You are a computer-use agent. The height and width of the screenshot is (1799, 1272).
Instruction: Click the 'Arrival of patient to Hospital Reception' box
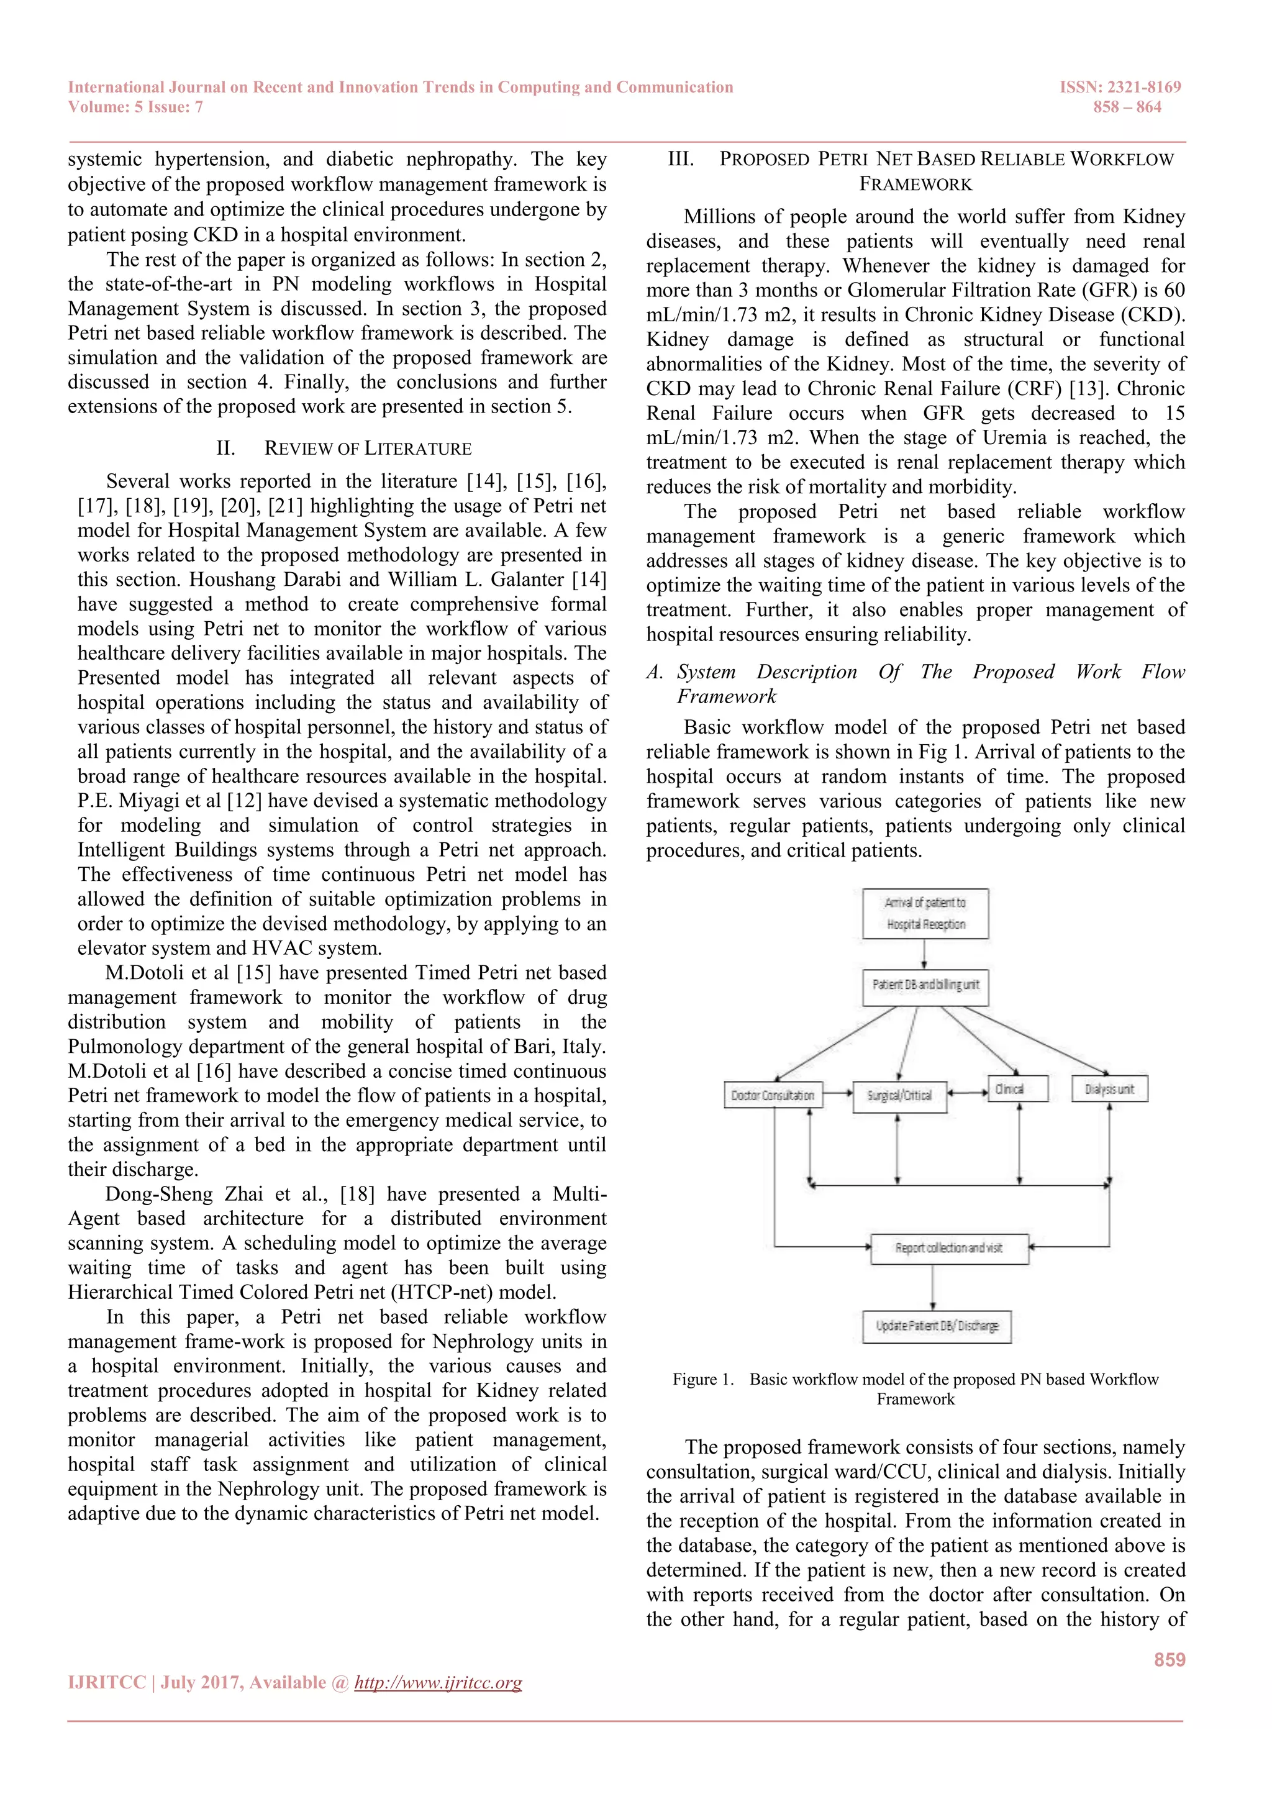tap(925, 914)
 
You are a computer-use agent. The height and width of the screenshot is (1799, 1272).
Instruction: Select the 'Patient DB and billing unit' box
tap(925, 985)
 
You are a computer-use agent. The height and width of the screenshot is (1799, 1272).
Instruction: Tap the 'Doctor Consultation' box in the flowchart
tap(773, 1095)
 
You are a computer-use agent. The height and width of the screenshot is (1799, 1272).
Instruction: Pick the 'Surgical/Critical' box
tap(899, 1095)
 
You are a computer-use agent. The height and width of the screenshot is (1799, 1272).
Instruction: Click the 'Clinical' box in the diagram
tap(1017, 1089)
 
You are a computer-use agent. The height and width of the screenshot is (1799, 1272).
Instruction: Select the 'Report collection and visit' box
tap(949, 1247)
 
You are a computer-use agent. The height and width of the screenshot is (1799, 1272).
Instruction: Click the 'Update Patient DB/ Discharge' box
tap(937, 1326)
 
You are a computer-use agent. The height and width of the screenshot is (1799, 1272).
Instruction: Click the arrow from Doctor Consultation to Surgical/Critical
tap(838, 1092)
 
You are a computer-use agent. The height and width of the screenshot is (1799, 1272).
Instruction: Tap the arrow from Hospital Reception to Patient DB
tap(925, 954)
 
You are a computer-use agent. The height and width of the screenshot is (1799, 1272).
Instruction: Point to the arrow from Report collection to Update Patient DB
tap(933, 1287)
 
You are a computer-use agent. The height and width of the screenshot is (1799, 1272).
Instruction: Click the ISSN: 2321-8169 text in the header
tap(1120, 87)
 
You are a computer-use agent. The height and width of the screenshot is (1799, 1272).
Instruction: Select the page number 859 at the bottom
tap(1170, 1659)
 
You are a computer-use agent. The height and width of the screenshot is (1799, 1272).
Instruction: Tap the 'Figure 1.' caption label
tap(702, 1379)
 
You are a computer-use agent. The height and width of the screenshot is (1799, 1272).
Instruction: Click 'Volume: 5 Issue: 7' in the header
tap(135, 107)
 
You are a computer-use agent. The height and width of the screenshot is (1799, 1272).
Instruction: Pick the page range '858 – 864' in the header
tap(1127, 107)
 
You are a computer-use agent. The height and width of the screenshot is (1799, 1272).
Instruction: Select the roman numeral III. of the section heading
tap(681, 159)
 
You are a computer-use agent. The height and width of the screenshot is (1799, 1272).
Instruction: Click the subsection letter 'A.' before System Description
tap(654, 672)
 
